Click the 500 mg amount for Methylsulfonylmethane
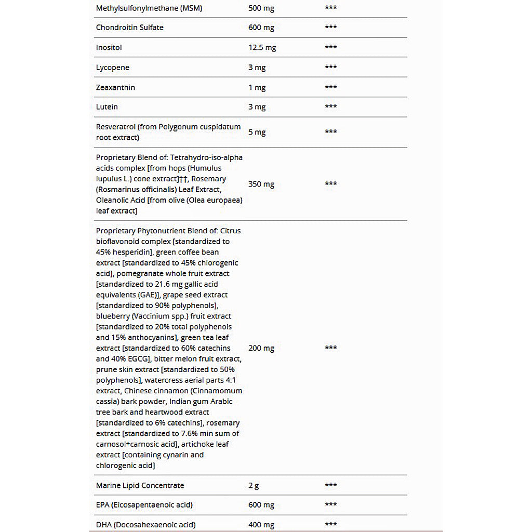pos(261,8)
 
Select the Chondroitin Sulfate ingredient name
pos(129,28)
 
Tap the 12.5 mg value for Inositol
pos(262,48)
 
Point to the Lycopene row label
pos(113,68)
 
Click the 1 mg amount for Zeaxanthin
pos(257,87)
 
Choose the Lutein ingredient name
pos(107,107)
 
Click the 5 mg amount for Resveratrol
pos(257,132)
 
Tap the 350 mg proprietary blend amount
pos(261,184)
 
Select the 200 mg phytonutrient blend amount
pos(261,348)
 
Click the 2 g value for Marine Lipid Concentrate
pos(254,486)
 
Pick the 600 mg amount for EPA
pos(261,505)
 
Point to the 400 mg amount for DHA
pos(261,525)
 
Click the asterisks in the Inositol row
pos(331,47)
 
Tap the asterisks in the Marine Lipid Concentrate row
pos(331,485)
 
